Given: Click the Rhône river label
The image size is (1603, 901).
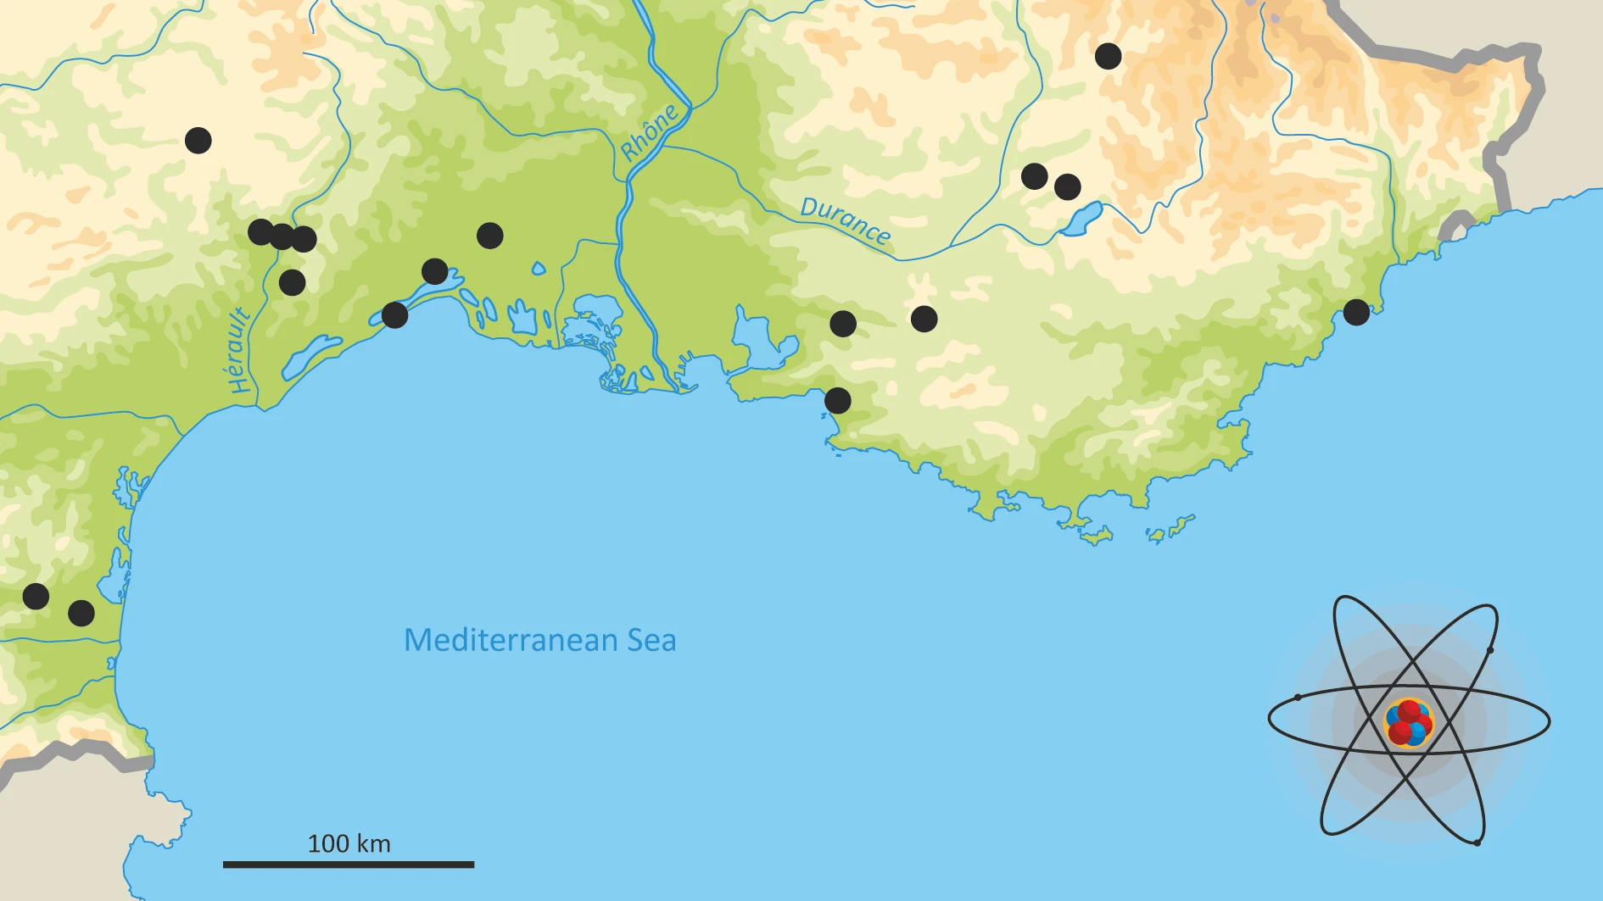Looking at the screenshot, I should [649, 132].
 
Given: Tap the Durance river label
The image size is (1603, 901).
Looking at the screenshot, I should [845, 220].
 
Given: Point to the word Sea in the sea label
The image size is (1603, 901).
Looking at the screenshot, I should [651, 640].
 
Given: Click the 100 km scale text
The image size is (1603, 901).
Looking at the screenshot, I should [349, 843].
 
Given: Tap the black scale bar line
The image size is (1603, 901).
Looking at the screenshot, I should [348, 865].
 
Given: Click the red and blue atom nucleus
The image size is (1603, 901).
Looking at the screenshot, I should [1408, 722].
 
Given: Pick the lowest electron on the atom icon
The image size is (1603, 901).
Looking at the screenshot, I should [1477, 842].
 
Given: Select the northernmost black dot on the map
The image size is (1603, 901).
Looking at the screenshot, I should [1108, 56].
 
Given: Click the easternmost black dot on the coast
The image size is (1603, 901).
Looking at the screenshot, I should [1356, 312].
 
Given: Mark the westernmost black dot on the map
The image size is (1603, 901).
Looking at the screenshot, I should [36, 596].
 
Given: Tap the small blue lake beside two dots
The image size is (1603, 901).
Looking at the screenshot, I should [1082, 220].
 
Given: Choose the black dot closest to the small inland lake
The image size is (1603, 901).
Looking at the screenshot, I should [1067, 186].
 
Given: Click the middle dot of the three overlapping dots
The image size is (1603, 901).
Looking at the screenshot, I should [282, 236].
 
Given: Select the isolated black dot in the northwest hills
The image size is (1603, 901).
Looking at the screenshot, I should [198, 140].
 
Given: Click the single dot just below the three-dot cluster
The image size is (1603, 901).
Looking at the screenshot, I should [292, 282].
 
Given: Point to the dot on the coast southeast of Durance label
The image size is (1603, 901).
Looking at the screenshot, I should [837, 400].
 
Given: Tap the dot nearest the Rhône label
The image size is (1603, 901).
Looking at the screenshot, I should [489, 235].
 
